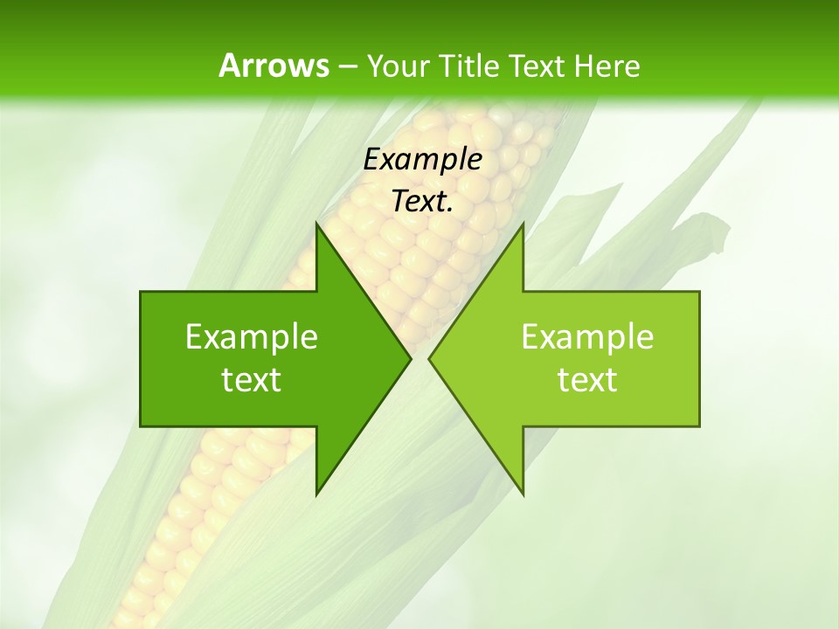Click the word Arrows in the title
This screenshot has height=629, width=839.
[x=273, y=66]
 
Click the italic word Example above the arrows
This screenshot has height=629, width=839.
[x=423, y=160]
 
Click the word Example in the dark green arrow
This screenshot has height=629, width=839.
[x=252, y=337]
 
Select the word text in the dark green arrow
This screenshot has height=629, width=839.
[x=252, y=380]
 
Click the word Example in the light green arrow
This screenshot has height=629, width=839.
[x=587, y=337]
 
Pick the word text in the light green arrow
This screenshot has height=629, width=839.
[x=587, y=380]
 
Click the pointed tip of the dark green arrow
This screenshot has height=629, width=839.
[x=408, y=358]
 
